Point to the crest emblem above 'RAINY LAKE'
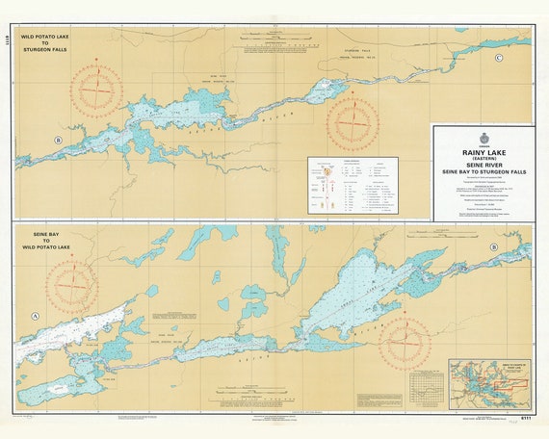coord(484,137)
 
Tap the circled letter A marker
coord(36,316)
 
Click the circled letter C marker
coord(498,59)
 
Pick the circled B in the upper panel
coord(59,141)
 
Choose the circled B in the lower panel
coord(494,247)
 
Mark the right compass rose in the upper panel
coord(352,126)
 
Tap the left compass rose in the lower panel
coord(73,287)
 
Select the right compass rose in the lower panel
coord(404,343)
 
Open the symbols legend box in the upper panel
coord(353,185)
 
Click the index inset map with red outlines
coord(489,382)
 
